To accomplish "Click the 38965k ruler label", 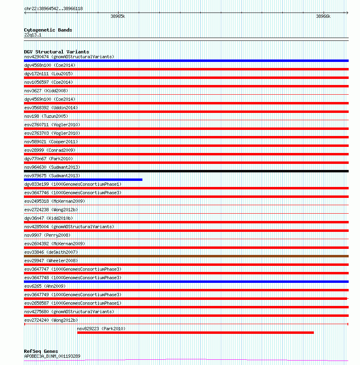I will (118, 17).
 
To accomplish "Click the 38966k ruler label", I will (323, 17).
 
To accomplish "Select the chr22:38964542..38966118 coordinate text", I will (53, 8).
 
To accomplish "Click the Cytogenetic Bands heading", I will (48, 30).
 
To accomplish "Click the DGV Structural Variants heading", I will (56, 52).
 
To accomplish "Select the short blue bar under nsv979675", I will (83, 180).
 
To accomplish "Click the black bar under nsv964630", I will (186, 171).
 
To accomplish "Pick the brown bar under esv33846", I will (186, 256).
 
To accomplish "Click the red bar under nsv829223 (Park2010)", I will (195, 333).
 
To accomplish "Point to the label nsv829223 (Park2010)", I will (101, 329).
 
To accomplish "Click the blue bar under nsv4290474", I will (186, 61).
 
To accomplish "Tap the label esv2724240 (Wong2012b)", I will (51, 320).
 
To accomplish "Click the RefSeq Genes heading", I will (41, 351).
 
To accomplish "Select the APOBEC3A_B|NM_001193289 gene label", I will (52, 356).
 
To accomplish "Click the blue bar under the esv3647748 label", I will (186, 282).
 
